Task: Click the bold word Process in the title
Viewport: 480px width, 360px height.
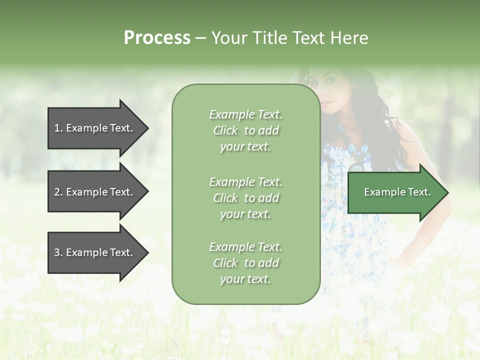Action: (157, 38)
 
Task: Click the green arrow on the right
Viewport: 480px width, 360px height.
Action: (395, 192)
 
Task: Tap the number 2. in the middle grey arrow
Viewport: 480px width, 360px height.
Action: (58, 192)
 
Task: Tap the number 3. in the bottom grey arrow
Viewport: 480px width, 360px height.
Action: (58, 252)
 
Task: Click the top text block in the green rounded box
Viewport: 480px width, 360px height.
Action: (245, 130)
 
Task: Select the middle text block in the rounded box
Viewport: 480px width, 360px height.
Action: (245, 198)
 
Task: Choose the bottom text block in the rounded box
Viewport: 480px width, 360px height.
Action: (245, 263)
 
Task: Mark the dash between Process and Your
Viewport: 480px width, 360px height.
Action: (200, 38)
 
